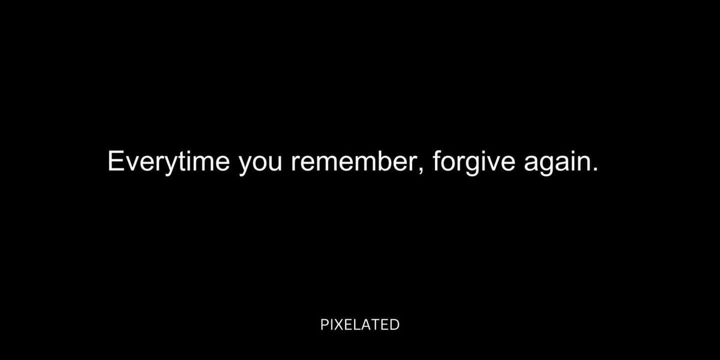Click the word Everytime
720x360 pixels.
169,161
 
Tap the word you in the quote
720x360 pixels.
260,164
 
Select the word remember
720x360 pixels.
355,161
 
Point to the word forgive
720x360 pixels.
474,163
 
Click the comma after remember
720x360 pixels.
422,170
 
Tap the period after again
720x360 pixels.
596,169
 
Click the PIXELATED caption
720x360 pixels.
360,325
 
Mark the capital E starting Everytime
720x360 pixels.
116,161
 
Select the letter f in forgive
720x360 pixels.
437,160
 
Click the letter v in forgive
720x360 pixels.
491,164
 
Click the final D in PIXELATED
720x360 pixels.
395,325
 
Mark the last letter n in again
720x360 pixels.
583,163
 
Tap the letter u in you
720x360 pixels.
276,164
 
